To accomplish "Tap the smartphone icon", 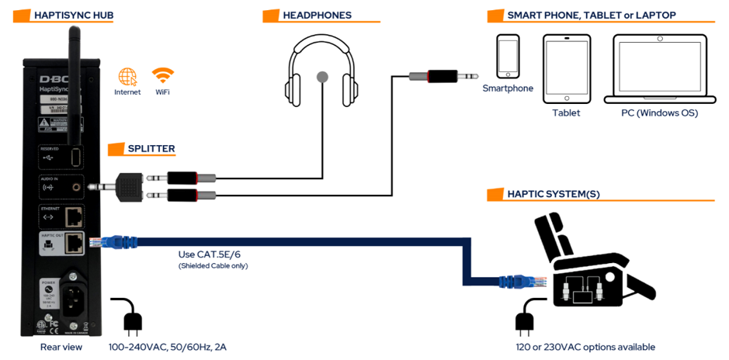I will (508, 56).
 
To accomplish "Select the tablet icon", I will (566, 67).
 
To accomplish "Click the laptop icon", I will (659, 68).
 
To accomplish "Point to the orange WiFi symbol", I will (163, 76).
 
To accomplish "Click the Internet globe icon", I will (127, 77).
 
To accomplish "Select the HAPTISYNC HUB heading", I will (75, 15).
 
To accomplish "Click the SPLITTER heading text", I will (151, 148).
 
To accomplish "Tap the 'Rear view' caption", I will (61, 347).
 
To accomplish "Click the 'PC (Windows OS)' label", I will (659, 113).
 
